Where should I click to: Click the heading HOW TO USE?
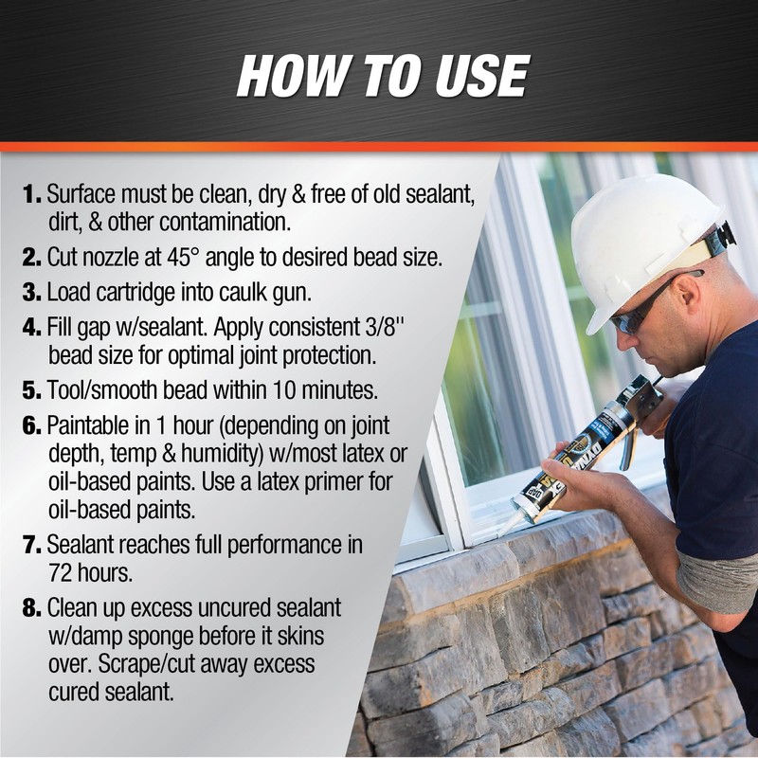point(382,77)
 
